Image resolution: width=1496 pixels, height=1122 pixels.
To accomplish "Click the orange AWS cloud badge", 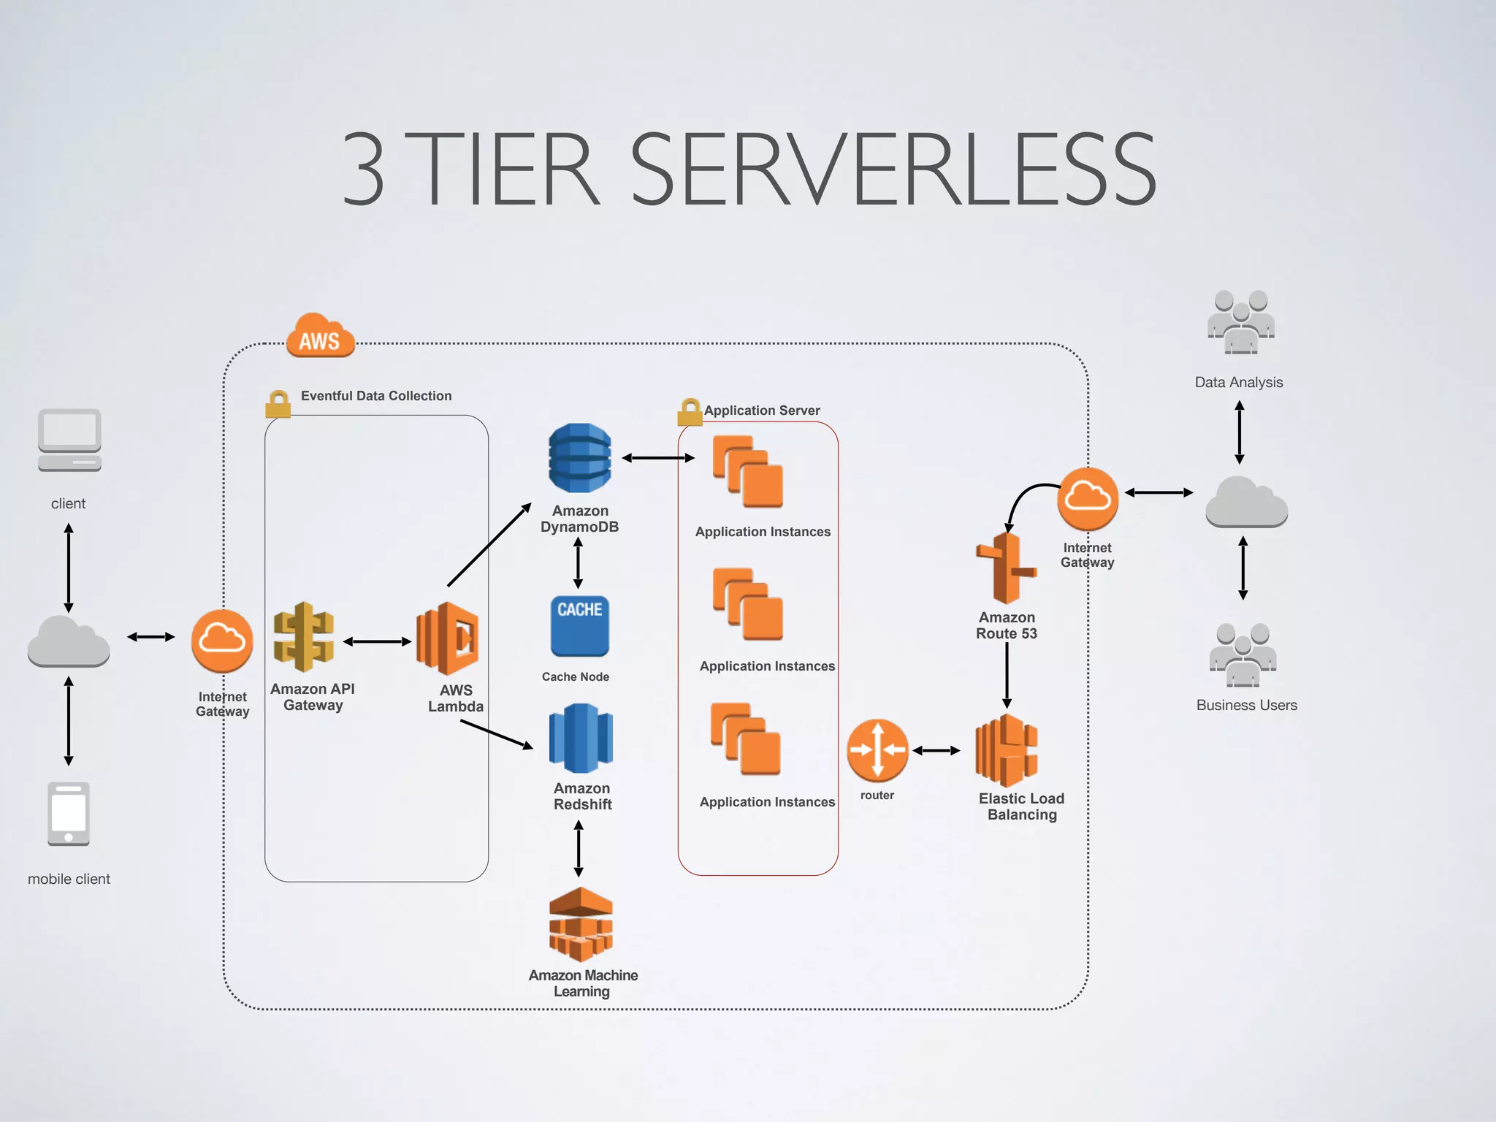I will (x=320, y=336).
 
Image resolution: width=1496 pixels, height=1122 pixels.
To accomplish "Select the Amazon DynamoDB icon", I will (x=580, y=458).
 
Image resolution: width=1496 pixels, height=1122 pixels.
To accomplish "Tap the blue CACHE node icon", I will (x=579, y=626).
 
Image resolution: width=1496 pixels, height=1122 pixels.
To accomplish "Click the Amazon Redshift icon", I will (x=581, y=738).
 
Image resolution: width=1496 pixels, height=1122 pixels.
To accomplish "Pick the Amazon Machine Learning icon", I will (x=581, y=924).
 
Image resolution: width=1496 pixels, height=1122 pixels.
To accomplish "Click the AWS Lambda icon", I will (x=448, y=638).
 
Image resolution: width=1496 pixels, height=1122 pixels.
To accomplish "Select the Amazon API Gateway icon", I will (x=304, y=637).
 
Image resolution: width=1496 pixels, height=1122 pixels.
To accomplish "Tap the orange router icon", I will (x=877, y=750).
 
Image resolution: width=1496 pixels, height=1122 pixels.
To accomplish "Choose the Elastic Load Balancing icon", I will (x=1007, y=751).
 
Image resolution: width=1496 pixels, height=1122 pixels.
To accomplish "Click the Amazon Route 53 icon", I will (x=1006, y=568).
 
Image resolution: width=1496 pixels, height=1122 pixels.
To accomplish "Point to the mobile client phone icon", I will (x=69, y=814).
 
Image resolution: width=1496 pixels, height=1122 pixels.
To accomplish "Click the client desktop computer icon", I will (x=69, y=440).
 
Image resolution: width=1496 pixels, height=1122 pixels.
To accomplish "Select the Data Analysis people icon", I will (x=1240, y=322).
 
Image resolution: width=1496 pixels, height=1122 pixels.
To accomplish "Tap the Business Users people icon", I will (x=1243, y=655).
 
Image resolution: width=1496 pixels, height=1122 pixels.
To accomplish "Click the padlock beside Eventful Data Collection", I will (x=278, y=404).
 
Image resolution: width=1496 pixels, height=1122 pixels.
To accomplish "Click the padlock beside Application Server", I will (x=689, y=413).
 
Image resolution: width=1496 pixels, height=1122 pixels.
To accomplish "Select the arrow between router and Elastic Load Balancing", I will (x=936, y=750).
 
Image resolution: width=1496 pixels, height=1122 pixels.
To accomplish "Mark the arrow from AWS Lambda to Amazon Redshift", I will (x=497, y=734).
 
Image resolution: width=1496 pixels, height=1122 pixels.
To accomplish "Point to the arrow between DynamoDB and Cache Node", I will (x=578, y=562).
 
